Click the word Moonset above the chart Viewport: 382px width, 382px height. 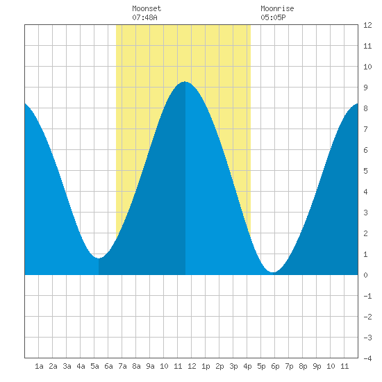pos(147,8)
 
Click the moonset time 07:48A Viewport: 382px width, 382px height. pos(144,17)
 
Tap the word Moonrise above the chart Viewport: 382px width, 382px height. pos(277,8)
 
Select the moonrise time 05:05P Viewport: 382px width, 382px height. pos(273,17)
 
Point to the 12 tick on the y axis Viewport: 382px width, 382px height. pos(367,25)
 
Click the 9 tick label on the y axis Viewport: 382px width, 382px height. pos(365,88)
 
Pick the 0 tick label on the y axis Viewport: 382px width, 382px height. pos(365,275)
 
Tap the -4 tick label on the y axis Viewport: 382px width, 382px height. pos(367,358)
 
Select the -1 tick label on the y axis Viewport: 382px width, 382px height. pos(367,296)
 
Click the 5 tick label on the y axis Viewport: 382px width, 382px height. pos(365,171)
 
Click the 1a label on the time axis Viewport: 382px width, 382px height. pos(39,366)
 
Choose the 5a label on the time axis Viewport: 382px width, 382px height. pos(94,366)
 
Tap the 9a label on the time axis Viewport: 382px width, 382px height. pos(150,366)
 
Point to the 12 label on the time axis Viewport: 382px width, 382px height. pos(192,366)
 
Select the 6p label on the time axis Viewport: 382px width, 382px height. pos(275,366)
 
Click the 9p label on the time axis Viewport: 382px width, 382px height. pos(317,366)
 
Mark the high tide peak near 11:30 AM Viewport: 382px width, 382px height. pos(185,82)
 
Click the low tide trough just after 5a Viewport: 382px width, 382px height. pos(99,258)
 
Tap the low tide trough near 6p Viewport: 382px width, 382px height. pos(274,272)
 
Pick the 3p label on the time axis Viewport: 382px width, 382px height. pos(233,366)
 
